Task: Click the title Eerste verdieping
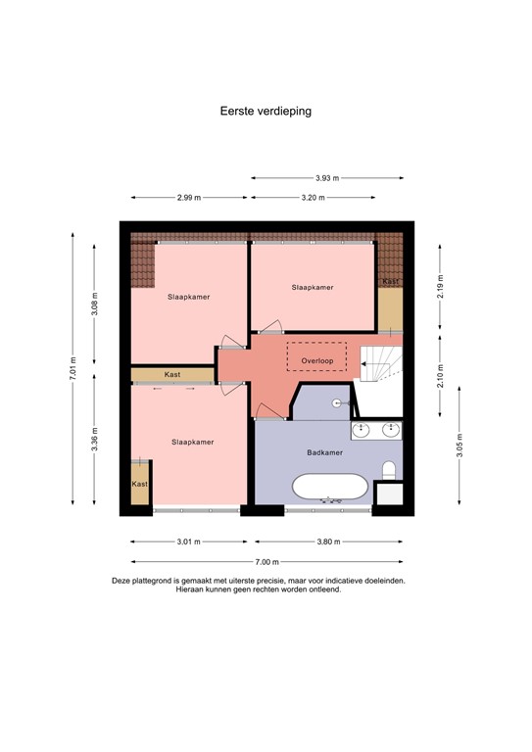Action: coord(266,112)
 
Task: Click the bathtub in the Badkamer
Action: coord(330,488)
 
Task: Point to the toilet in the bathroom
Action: coord(389,471)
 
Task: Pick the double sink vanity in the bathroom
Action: coord(376,429)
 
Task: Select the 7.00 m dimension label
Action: coord(266,562)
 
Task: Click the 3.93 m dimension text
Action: coord(327,178)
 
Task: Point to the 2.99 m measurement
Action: coord(189,198)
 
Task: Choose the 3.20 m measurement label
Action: coord(313,198)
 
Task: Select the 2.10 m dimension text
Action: coord(441,377)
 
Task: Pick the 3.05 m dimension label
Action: coord(460,452)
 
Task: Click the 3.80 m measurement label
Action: coord(327,541)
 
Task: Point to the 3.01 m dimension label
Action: coord(189,541)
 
